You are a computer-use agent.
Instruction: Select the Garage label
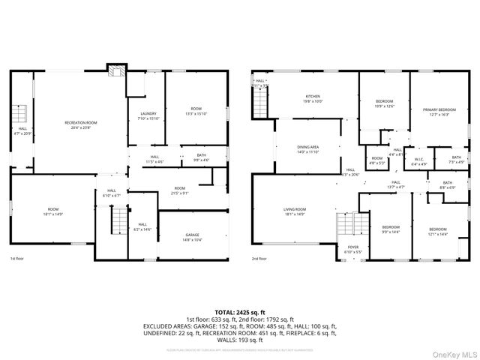click(x=193, y=237)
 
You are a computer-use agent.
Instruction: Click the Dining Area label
click(x=309, y=149)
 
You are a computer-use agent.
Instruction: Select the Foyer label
click(x=352, y=249)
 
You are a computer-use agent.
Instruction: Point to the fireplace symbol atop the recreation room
click(x=115, y=70)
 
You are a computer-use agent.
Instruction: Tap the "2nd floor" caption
click(x=259, y=259)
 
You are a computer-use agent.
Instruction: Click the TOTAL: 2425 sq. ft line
click(x=240, y=312)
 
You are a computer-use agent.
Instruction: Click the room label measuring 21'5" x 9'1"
click(x=180, y=190)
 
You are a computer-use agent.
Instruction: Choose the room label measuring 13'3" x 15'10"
click(x=195, y=112)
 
